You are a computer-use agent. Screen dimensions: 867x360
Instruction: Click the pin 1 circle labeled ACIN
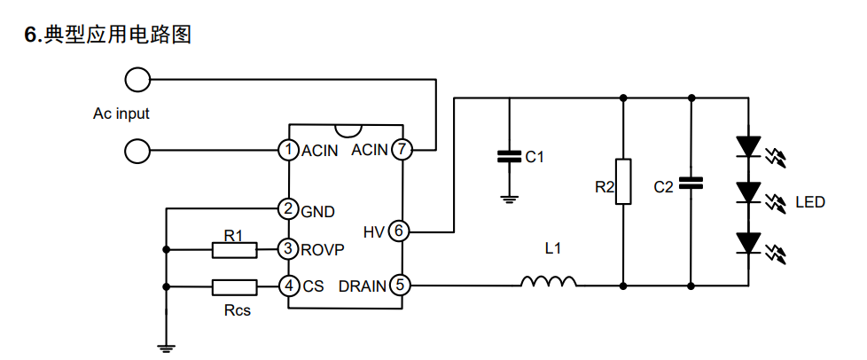tap(288, 150)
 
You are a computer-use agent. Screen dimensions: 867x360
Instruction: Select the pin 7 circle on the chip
tap(402, 149)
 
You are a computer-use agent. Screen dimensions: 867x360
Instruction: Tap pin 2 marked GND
tap(288, 209)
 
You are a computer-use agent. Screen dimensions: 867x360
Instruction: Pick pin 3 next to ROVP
tap(288, 249)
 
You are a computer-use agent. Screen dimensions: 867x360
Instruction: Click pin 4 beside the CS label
tap(288, 286)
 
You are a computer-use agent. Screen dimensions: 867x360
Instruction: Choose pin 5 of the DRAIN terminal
tap(400, 286)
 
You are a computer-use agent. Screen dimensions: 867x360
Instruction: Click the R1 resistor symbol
tap(234, 250)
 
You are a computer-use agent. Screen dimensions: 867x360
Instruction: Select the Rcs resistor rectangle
tap(234, 287)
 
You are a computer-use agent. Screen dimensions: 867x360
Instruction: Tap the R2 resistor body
tap(623, 182)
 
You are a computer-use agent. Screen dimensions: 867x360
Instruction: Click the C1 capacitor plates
tap(509, 156)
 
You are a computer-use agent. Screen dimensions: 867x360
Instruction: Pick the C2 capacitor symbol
tap(691, 183)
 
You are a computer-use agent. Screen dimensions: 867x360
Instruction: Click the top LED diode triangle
tap(749, 146)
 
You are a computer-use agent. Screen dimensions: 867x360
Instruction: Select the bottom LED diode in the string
tap(749, 243)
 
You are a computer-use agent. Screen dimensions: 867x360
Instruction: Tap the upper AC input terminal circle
tap(137, 80)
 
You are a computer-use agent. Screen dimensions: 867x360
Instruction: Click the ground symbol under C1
tap(509, 200)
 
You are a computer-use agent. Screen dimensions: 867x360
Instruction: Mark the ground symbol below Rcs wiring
tap(166, 348)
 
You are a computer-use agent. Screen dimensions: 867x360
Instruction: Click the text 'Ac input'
tap(121, 113)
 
